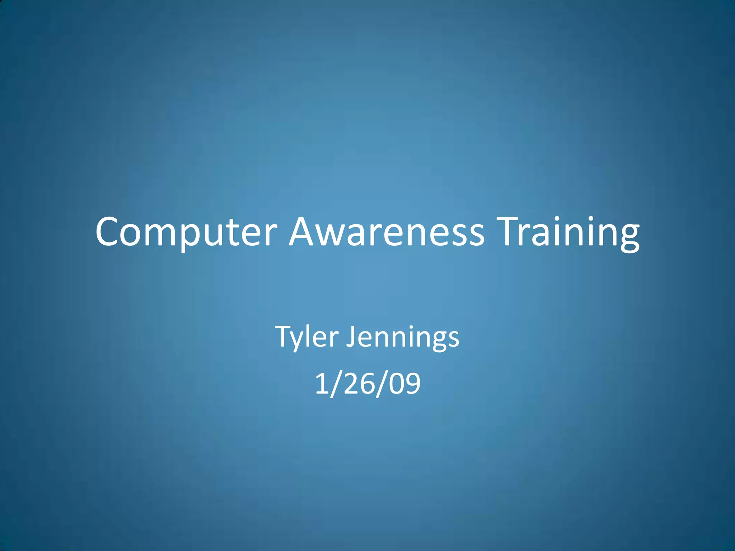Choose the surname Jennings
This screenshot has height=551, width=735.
402,337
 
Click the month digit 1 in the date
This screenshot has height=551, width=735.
321,383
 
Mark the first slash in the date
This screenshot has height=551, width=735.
335,384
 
